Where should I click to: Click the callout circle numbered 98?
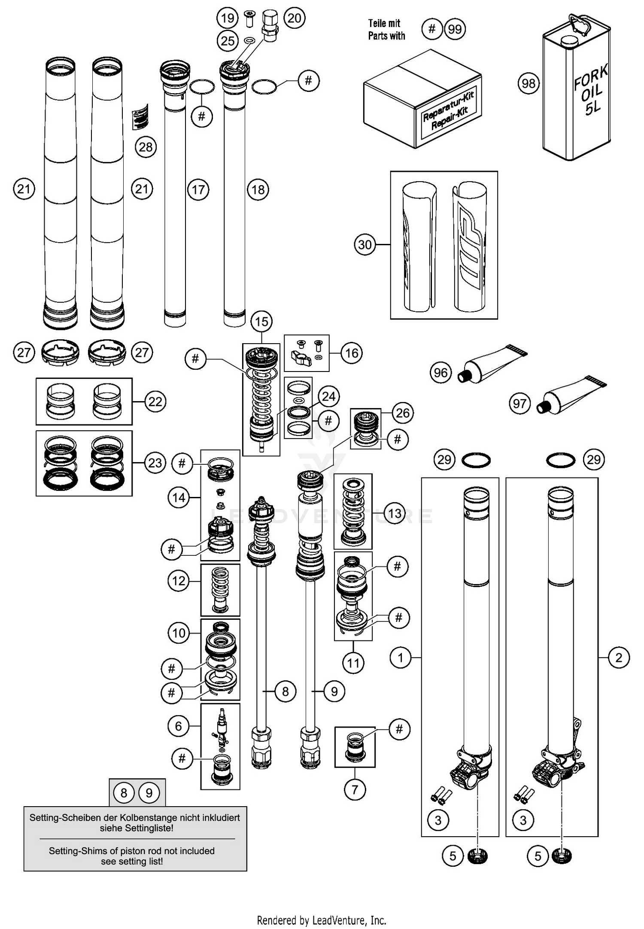[529, 83]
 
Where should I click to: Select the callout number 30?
[365, 244]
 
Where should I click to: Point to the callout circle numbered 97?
[519, 403]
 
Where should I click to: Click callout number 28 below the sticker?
[146, 147]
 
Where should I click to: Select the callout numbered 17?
[198, 189]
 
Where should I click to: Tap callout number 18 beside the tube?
[258, 189]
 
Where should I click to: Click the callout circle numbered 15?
[261, 321]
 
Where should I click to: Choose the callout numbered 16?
[352, 353]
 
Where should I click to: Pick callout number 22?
[155, 402]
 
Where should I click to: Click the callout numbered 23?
[155, 463]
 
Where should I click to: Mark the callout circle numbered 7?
[355, 789]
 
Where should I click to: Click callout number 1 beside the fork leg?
[401, 658]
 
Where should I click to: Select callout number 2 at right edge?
[618, 658]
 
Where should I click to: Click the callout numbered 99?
[455, 29]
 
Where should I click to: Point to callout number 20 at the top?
[294, 18]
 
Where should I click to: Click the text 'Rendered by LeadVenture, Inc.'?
[322, 920]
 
